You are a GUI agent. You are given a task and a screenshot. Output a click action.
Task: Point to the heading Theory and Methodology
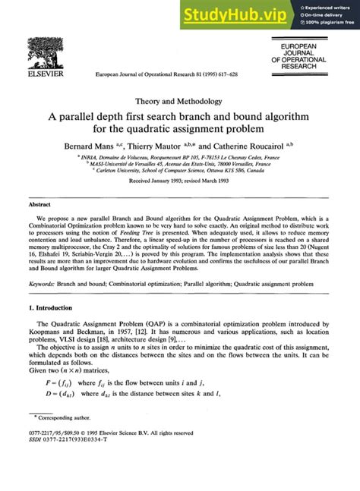point(179,100)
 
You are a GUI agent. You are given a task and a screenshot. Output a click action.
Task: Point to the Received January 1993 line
point(179,183)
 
